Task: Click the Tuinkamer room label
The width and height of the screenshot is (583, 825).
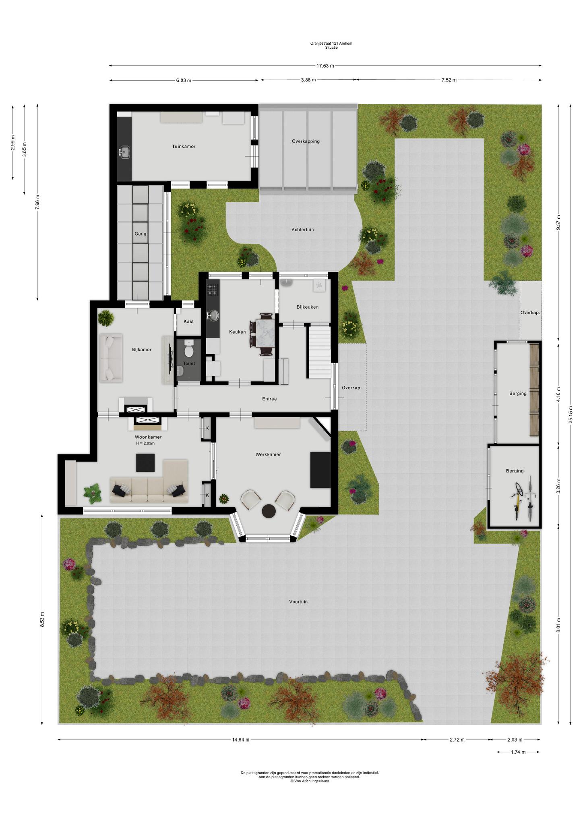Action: pyautogui.click(x=184, y=146)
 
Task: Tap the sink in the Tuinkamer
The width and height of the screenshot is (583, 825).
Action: pyautogui.click(x=124, y=152)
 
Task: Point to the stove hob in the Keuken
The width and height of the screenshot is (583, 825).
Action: pyautogui.click(x=212, y=289)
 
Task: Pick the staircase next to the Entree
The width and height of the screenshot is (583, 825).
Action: pyautogui.click(x=320, y=352)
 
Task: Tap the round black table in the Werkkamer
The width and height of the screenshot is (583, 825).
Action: pyautogui.click(x=269, y=511)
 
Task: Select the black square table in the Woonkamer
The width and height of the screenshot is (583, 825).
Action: pyautogui.click(x=145, y=462)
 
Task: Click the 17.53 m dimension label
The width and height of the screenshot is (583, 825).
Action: pyautogui.click(x=325, y=66)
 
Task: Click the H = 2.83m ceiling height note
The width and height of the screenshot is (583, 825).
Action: pyautogui.click(x=145, y=443)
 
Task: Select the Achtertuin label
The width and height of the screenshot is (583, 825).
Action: pyautogui.click(x=303, y=230)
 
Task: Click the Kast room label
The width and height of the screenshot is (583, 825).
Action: pyautogui.click(x=188, y=321)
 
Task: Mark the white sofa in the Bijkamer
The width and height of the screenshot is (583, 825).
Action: pyautogui.click(x=111, y=358)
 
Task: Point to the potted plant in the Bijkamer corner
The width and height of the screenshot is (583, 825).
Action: pyautogui.click(x=106, y=317)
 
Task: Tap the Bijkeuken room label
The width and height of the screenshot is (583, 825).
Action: pyautogui.click(x=308, y=307)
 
